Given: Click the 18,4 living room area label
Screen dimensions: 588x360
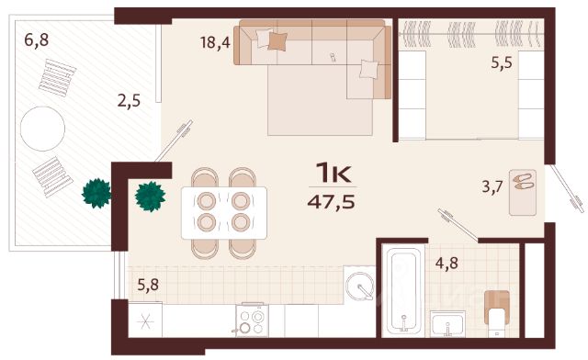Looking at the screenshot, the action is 215,42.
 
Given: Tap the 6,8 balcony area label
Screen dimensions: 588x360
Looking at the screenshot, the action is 37,39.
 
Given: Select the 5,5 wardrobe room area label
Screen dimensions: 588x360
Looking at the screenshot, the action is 502,62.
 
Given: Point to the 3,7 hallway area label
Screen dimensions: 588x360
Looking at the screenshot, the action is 492,186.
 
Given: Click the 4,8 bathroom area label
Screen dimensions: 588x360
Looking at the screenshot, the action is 447,264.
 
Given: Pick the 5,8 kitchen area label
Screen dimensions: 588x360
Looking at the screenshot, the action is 148,285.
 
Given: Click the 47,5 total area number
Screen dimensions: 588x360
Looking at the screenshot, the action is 331,202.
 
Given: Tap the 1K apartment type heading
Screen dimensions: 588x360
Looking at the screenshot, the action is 334,173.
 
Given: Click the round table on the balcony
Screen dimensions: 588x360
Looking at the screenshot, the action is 43,129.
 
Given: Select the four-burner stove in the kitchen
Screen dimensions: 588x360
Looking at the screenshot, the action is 252,320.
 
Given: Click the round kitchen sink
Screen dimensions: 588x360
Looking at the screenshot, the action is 360,287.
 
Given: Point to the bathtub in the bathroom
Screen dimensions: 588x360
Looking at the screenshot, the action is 403,291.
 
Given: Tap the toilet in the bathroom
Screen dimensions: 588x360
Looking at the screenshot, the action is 497,313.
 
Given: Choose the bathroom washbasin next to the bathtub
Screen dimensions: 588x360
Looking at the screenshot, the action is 447,323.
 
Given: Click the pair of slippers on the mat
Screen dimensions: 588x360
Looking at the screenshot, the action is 523,182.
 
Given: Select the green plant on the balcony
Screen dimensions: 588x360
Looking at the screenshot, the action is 96,194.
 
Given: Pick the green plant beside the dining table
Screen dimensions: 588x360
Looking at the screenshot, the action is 151,197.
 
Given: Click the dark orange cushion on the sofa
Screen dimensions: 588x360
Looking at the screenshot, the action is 277,41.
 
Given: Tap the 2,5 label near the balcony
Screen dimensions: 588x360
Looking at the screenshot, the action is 129,101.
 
